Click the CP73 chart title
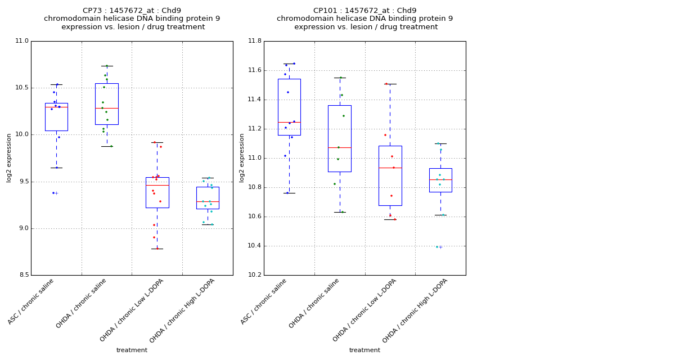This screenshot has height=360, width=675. coord(132,19)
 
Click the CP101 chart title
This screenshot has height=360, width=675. coord(364,19)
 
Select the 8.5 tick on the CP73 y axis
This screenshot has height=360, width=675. coord(23,275)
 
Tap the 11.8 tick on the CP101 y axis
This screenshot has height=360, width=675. coord(254,41)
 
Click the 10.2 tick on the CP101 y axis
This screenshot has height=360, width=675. coord(254,275)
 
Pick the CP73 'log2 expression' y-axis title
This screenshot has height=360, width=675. coord(10,158)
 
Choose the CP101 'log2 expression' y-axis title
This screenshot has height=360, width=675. coord(242,158)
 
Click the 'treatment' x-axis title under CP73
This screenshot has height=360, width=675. coord(132,350)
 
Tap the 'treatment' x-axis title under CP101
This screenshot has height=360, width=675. coord(364,350)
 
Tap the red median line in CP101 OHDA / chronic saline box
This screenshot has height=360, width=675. coord(340,147)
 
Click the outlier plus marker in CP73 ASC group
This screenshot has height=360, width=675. coord(56,193)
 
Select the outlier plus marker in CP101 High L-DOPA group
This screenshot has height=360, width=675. coord(440,247)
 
